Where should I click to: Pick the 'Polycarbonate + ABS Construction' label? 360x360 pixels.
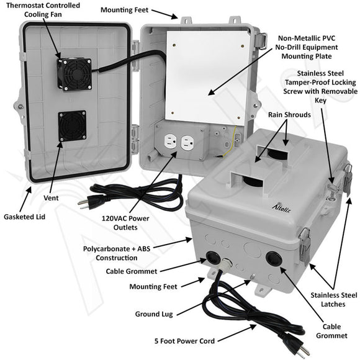pyautogui.click(x=110, y=253)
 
